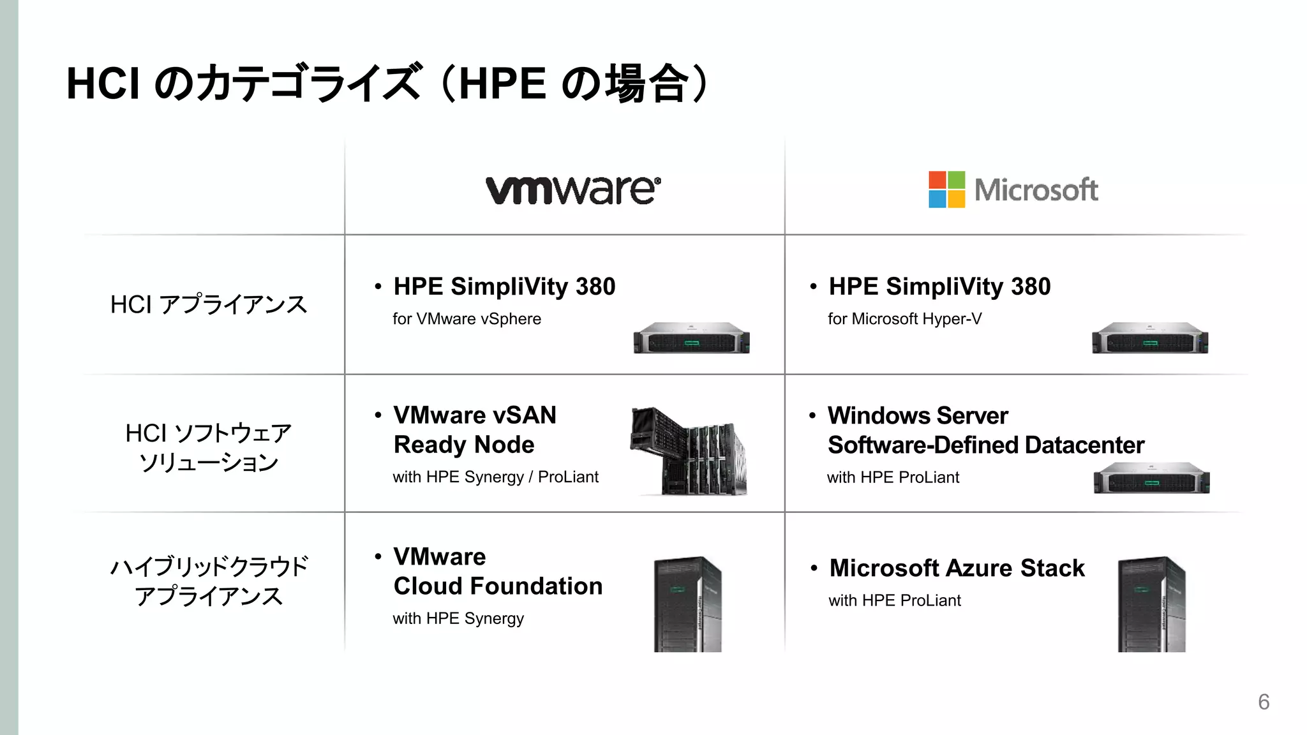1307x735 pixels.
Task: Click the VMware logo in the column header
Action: (572, 189)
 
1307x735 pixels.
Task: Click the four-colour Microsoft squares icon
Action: (946, 189)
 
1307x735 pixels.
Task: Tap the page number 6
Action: (1264, 702)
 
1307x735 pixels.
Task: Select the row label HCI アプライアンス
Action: (209, 304)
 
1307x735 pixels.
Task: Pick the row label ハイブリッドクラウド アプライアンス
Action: (209, 581)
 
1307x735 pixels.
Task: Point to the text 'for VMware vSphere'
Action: (467, 319)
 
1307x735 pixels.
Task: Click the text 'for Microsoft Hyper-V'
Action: (904, 319)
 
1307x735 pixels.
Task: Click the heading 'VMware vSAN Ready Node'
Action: (475, 429)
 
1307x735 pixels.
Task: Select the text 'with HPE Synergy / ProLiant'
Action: (495, 477)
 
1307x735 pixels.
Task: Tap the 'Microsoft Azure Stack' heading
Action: (957, 568)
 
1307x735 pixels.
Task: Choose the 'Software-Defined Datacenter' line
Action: (985, 445)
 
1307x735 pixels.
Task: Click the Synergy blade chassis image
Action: (689, 451)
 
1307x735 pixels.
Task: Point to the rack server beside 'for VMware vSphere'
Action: (691, 338)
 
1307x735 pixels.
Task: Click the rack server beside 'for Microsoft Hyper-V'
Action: (1149, 338)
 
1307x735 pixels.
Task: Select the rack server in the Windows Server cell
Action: (1151, 478)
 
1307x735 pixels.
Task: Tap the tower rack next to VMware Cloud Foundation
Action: (687, 604)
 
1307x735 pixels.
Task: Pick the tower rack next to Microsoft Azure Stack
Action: (1151, 604)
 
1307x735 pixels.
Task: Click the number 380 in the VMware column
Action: (595, 287)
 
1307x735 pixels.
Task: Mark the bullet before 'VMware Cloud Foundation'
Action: (378, 556)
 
